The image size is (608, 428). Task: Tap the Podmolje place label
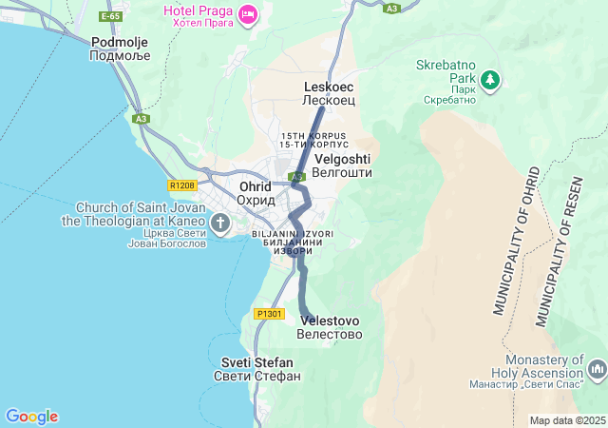pyautogui.click(x=115, y=49)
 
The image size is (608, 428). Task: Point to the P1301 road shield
pyautogui.click(x=270, y=313)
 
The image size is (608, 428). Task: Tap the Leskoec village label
pyautogui.click(x=328, y=92)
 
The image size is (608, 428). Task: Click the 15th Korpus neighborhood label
pyautogui.click(x=313, y=140)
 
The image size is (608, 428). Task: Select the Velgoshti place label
pyautogui.click(x=342, y=165)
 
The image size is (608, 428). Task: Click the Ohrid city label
pyautogui.click(x=255, y=193)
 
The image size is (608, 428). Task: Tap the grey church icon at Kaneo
pyautogui.click(x=220, y=224)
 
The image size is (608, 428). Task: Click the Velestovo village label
pyautogui.click(x=329, y=327)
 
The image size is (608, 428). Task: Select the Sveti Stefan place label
pyautogui.click(x=256, y=369)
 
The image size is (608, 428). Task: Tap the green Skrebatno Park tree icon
pyautogui.click(x=490, y=80)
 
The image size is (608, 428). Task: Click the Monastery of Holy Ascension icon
pyautogui.click(x=597, y=368)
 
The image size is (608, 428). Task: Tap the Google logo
pyautogui.click(x=31, y=417)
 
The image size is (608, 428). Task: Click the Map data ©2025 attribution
pyautogui.click(x=567, y=420)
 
